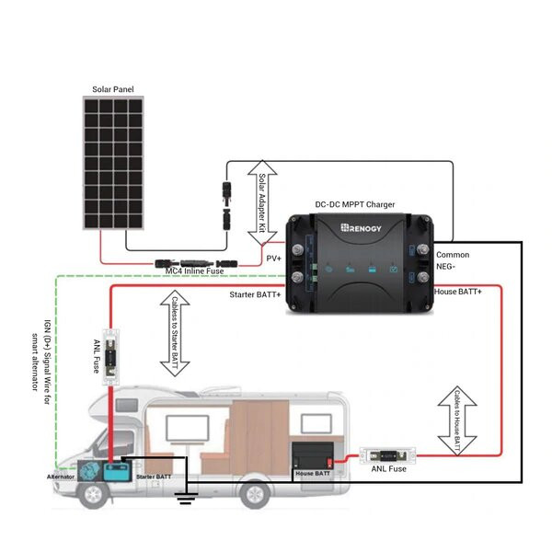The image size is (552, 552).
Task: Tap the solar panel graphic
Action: point(116,165)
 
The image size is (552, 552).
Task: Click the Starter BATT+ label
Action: point(255,294)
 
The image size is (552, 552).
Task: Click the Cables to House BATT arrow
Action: point(457,415)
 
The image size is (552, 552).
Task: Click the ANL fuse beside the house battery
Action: point(389,454)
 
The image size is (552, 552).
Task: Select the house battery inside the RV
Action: point(311,459)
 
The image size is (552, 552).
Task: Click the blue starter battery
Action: point(118,471)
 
